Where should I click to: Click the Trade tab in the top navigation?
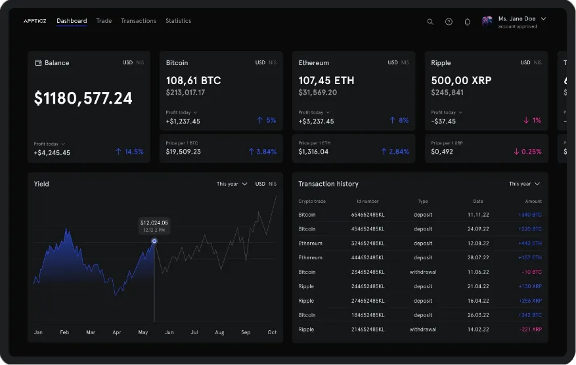pyautogui.click(x=104, y=21)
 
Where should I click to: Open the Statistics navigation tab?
pyautogui.click(x=178, y=21)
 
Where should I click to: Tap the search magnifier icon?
pyautogui.click(x=430, y=22)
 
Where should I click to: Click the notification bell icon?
pyautogui.click(x=467, y=22)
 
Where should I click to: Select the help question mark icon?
pyautogui.click(x=449, y=22)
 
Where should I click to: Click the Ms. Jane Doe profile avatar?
pyautogui.click(x=487, y=22)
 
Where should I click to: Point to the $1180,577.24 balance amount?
pyautogui.click(x=83, y=98)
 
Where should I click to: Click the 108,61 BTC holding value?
pyautogui.click(x=193, y=80)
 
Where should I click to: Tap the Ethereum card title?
pyautogui.click(x=313, y=63)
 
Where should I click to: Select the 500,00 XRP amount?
pyautogui.click(x=461, y=80)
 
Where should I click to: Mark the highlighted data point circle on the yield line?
pyautogui.click(x=154, y=241)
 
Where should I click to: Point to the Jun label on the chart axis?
pyautogui.click(x=169, y=333)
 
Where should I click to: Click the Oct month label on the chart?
pyautogui.click(x=272, y=333)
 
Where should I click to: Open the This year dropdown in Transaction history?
pyautogui.click(x=524, y=184)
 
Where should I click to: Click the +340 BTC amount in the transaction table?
pyautogui.click(x=529, y=215)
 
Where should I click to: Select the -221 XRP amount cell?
pyautogui.click(x=529, y=329)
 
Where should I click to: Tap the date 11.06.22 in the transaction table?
pyautogui.click(x=479, y=272)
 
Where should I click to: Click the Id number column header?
pyautogui.click(x=367, y=202)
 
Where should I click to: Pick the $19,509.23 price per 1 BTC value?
pyautogui.click(x=183, y=152)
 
